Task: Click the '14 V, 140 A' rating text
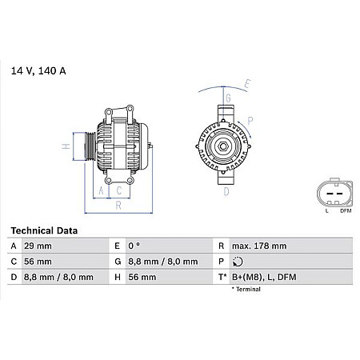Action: tap(38, 71)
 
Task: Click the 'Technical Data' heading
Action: tap(45, 230)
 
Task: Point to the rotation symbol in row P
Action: tap(234, 262)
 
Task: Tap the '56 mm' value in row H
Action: tap(142, 277)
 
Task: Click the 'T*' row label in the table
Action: tap(221, 277)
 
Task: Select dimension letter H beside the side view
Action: tap(66, 146)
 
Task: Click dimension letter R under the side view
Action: tap(118, 206)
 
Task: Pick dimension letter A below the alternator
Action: tap(102, 190)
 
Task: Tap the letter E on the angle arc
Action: tap(248, 83)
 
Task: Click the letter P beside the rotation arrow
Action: tap(250, 121)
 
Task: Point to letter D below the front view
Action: tap(227, 191)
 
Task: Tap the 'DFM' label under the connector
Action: tap(344, 211)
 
